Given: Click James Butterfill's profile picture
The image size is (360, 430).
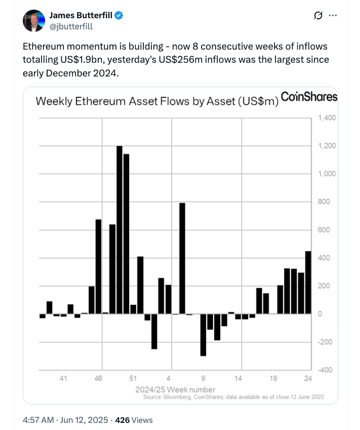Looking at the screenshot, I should [x=34, y=21].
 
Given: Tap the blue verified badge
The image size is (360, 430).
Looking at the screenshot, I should [x=119, y=16].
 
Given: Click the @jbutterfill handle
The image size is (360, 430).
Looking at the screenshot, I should [x=71, y=26].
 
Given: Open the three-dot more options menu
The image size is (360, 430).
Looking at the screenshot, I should [x=333, y=16].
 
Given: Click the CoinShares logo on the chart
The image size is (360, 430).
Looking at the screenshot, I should [x=309, y=97].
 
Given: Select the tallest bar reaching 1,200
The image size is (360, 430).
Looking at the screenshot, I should [x=119, y=230].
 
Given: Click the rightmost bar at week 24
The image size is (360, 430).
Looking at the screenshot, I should [x=308, y=282].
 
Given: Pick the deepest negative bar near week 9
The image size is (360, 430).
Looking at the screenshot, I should [x=203, y=335].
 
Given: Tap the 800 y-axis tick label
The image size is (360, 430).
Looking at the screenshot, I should [x=324, y=202].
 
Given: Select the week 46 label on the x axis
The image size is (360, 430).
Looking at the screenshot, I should [x=99, y=378].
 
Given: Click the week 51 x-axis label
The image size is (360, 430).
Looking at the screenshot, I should [x=133, y=378].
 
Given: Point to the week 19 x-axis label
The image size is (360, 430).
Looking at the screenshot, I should [x=273, y=378].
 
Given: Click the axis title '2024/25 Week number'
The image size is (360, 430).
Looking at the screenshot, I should [x=175, y=389].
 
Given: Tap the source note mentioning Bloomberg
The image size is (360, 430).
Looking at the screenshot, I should [x=233, y=397].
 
